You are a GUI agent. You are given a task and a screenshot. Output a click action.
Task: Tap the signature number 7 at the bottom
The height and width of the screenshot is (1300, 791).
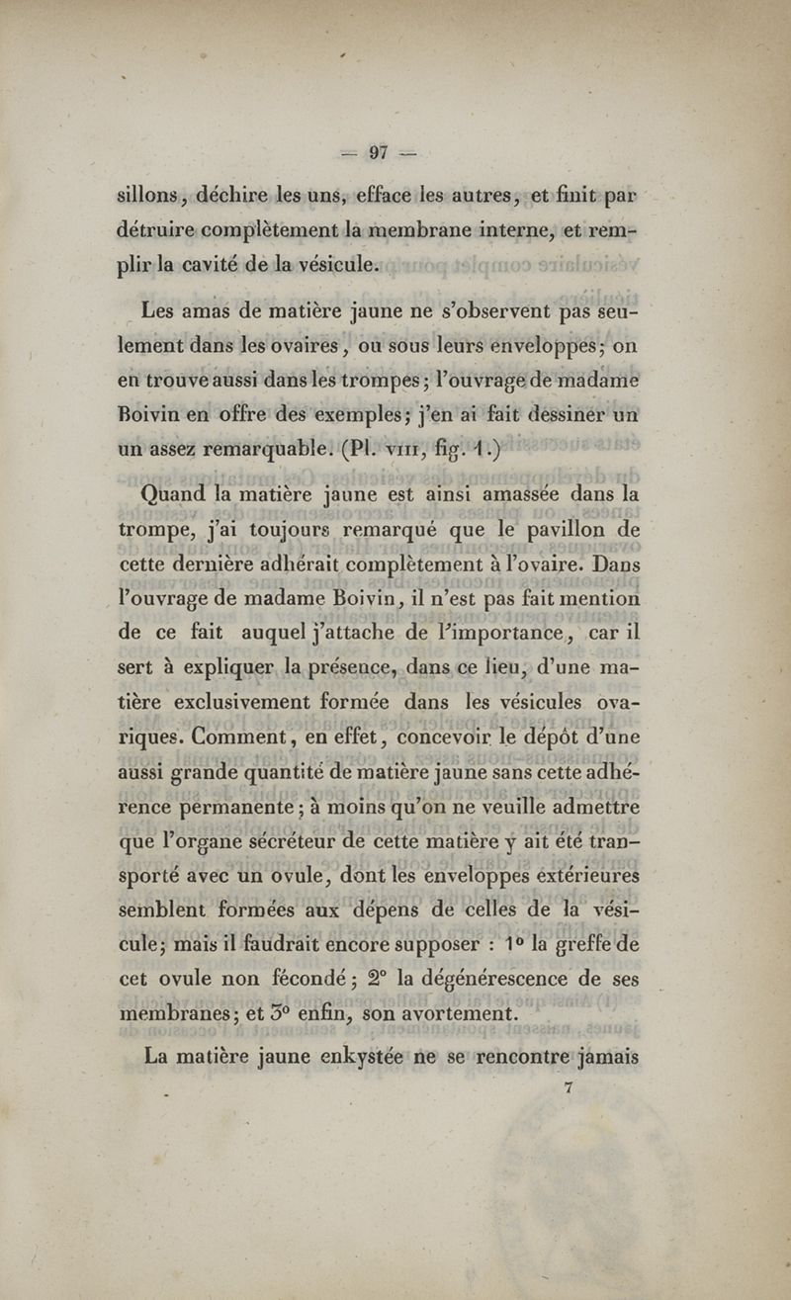568,1086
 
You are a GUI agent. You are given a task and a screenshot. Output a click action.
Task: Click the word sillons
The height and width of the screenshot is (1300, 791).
149,195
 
